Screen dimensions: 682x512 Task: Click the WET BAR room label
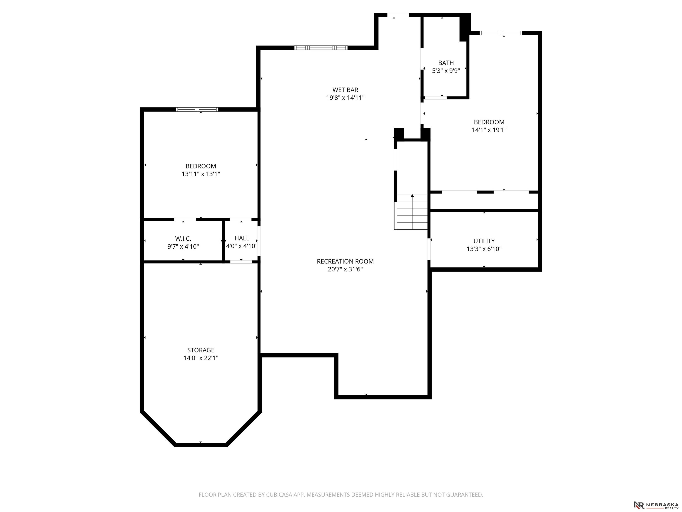pyautogui.click(x=345, y=90)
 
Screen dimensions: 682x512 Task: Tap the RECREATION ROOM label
pyautogui.click(x=345, y=261)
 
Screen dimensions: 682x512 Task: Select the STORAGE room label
pyautogui.click(x=201, y=350)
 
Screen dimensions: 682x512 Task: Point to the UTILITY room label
pyautogui.click(x=484, y=241)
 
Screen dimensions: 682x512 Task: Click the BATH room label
pyautogui.click(x=446, y=63)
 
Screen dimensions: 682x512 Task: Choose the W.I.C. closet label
pyautogui.click(x=183, y=239)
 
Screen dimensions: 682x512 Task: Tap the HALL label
pyautogui.click(x=242, y=238)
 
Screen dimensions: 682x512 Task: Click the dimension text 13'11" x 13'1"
pyautogui.click(x=201, y=174)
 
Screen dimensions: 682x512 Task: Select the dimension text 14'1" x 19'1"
pyautogui.click(x=489, y=130)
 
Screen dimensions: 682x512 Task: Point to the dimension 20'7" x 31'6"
pyautogui.click(x=345, y=269)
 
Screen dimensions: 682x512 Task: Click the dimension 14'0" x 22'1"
pyautogui.click(x=201, y=358)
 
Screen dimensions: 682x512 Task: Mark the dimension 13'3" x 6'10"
pyautogui.click(x=484, y=249)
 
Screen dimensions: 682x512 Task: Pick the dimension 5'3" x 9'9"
pyautogui.click(x=446, y=71)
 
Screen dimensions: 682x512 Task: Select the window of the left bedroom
pyautogui.click(x=197, y=109)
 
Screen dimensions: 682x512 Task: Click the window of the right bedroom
pyautogui.click(x=501, y=33)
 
